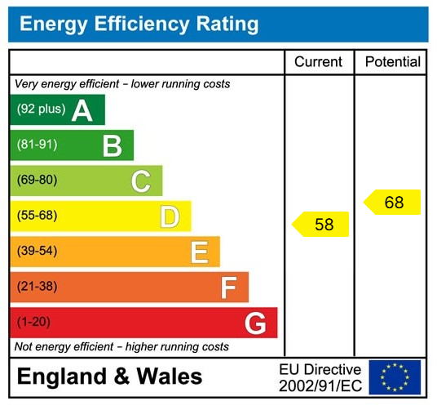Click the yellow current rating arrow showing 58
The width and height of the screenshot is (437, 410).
click(x=321, y=225)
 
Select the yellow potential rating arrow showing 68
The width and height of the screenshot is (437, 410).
click(x=392, y=203)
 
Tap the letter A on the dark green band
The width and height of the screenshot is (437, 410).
click(x=82, y=110)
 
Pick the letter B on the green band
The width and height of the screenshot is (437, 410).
click(x=112, y=146)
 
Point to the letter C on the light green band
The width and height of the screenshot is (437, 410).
click(x=141, y=181)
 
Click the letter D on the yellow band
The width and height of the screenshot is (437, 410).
click(x=170, y=216)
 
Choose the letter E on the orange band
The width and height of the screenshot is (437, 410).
click(x=199, y=252)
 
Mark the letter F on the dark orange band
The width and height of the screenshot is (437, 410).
click(x=228, y=287)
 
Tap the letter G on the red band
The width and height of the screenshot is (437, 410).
click(x=255, y=323)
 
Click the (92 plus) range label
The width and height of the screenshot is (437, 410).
click(x=41, y=109)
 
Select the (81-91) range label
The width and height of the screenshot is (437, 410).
click(x=38, y=145)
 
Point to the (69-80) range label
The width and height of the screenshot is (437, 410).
click(x=38, y=180)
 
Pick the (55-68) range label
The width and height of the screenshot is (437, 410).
click(x=38, y=216)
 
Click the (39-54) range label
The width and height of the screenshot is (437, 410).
click(x=38, y=252)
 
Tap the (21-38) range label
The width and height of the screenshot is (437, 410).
click(x=38, y=287)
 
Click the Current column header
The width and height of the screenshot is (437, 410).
click(x=318, y=62)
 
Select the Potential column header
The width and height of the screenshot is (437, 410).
click(x=392, y=62)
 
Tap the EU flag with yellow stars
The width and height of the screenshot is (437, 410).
click(x=395, y=377)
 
